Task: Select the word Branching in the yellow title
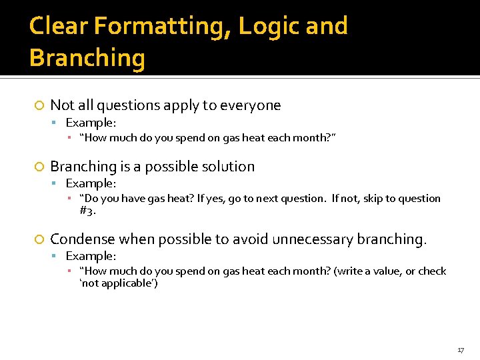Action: (x=87, y=58)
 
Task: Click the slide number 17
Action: (x=461, y=350)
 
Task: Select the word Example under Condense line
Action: (x=90, y=256)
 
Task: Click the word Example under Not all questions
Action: (x=90, y=123)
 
